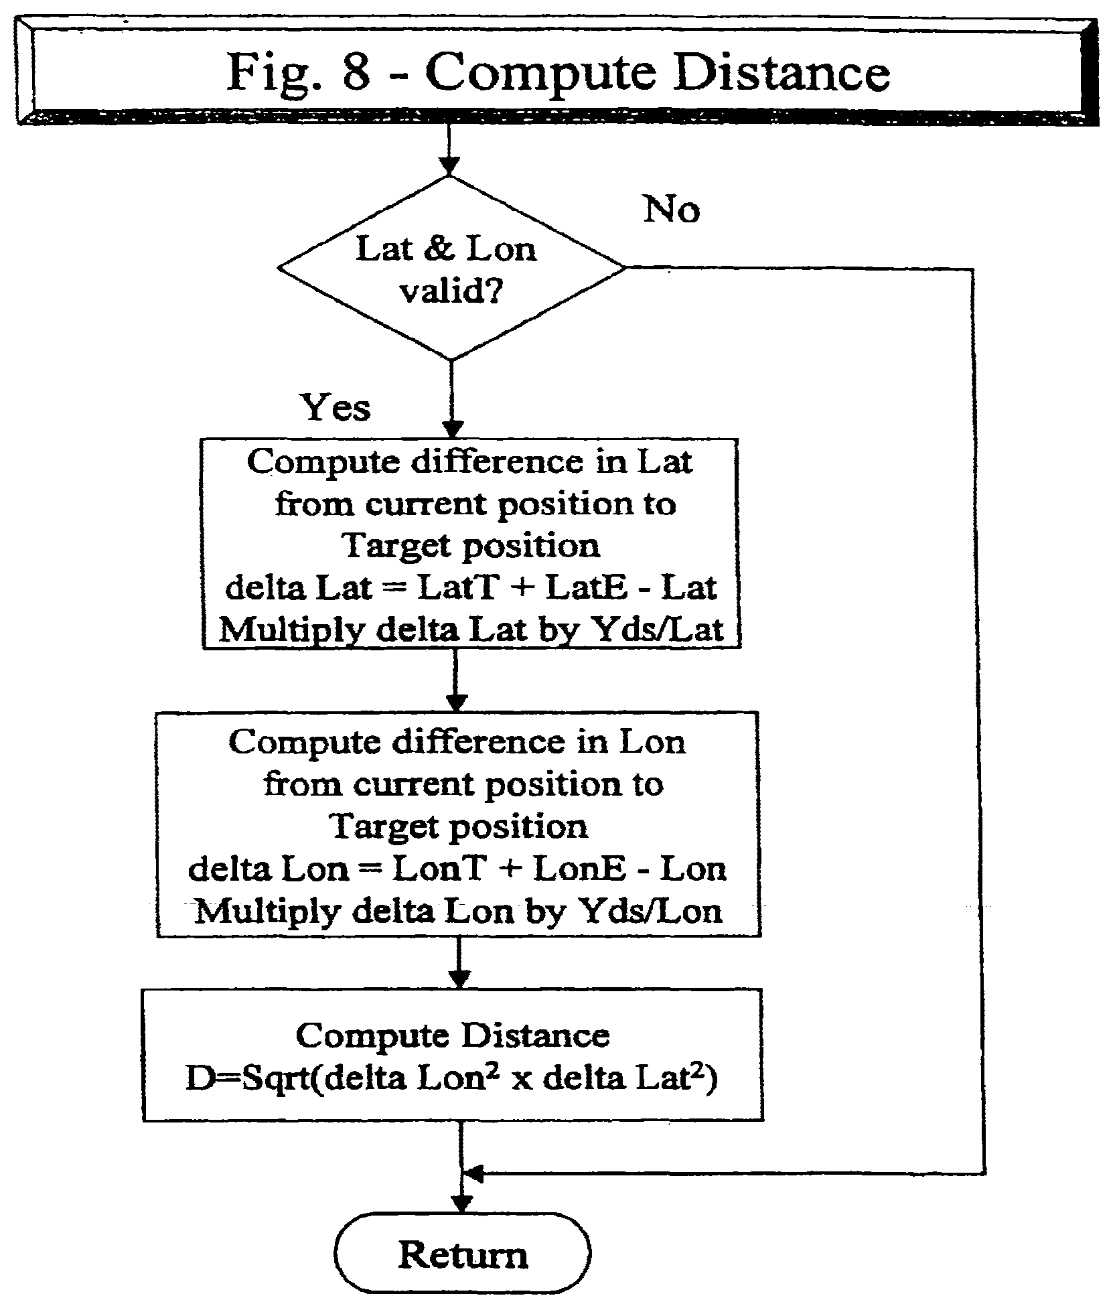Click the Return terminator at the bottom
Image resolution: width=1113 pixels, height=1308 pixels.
pos(463,1254)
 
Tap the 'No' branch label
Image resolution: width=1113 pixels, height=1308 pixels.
pos(671,210)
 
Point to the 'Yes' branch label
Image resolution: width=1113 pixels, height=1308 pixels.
pos(336,407)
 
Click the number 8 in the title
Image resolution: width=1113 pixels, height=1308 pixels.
pos(356,72)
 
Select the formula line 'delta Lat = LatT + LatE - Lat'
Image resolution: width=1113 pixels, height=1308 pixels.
pos(470,588)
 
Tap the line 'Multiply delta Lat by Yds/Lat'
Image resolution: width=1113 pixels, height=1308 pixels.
pos(471,630)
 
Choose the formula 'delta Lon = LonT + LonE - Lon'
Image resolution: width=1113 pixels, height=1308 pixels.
pos(457,869)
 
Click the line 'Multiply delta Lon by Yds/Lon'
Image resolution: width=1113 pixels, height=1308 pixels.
pos(458,912)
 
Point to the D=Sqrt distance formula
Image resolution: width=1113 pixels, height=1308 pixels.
pos(451,1079)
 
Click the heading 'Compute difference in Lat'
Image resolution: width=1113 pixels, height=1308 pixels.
pos(470,463)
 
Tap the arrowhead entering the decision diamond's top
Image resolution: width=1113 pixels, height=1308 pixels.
pos(449,166)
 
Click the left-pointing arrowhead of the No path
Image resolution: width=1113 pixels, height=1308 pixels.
pos(473,1173)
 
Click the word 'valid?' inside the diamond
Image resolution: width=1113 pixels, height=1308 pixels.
pos(450,293)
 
